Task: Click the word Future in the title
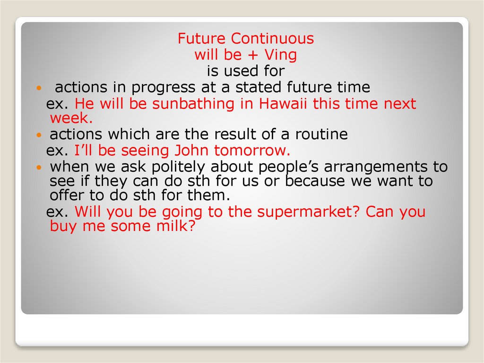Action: pyautogui.click(x=201, y=39)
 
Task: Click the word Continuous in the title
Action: pyautogui.click(x=273, y=39)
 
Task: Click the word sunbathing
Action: pyautogui.click(x=193, y=104)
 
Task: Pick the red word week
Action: pyautogui.click(x=71, y=118)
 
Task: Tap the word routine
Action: pyautogui.click(x=321, y=134)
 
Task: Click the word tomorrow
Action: pyautogui.click(x=252, y=151)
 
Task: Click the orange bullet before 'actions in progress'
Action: pyautogui.click(x=39, y=88)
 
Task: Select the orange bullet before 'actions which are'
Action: pyautogui.click(x=39, y=135)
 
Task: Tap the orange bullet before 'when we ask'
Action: pyautogui.click(x=39, y=168)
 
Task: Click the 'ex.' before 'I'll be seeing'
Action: pyautogui.click(x=57, y=151)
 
